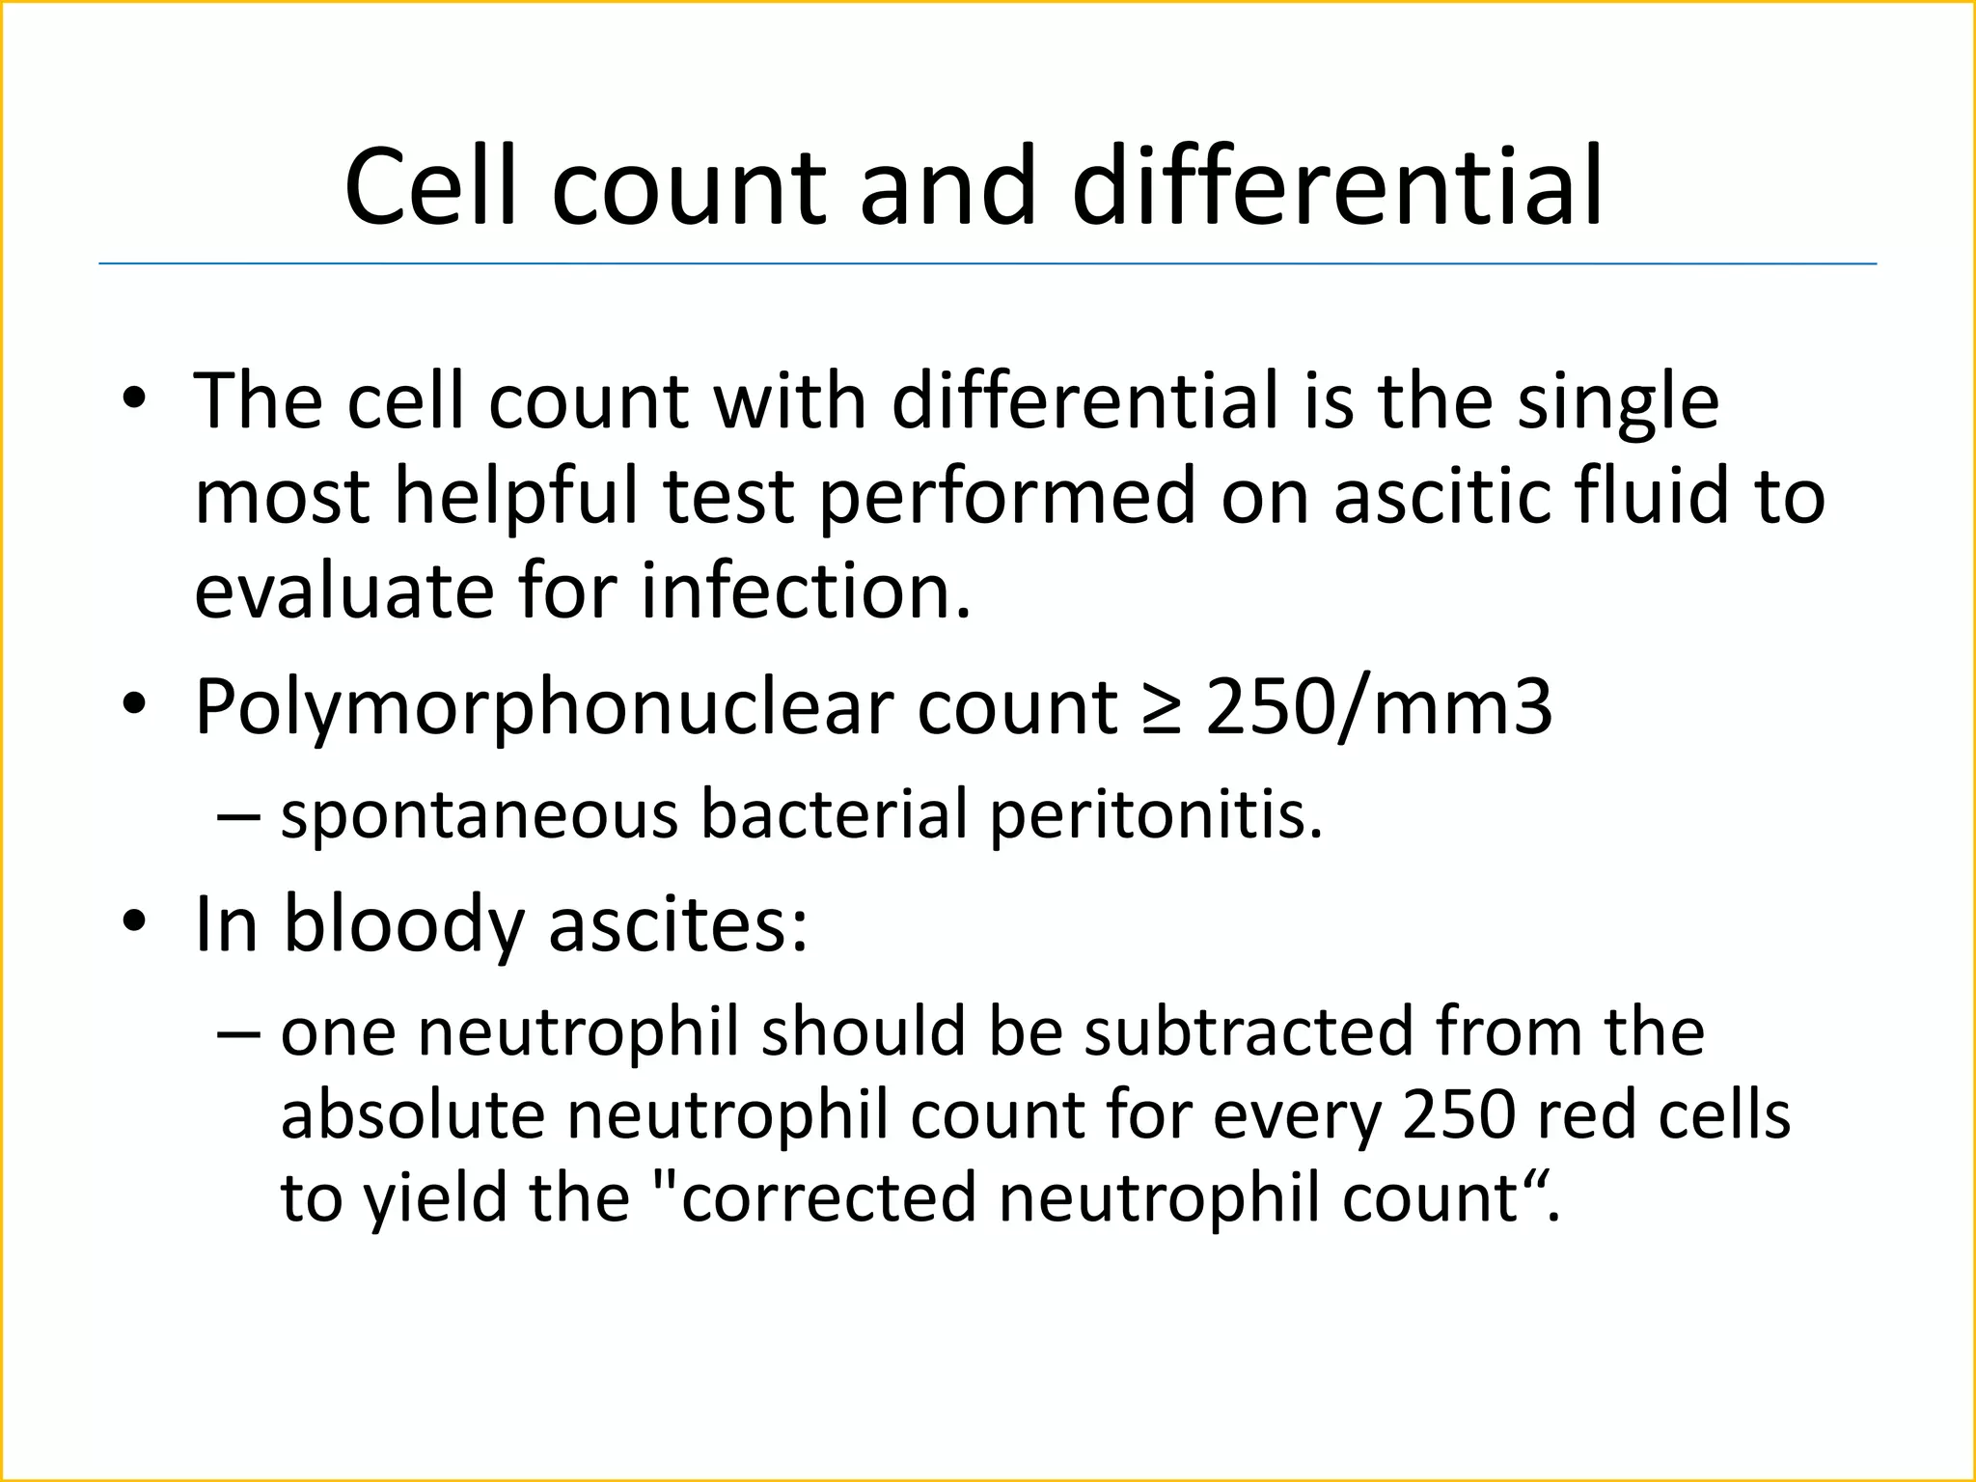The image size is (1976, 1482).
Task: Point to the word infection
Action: pyautogui.click(x=806, y=590)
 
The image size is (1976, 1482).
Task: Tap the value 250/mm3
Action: pyautogui.click(x=1380, y=708)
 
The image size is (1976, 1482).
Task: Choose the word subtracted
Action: pyautogui.click(x=1249, y=1032)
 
